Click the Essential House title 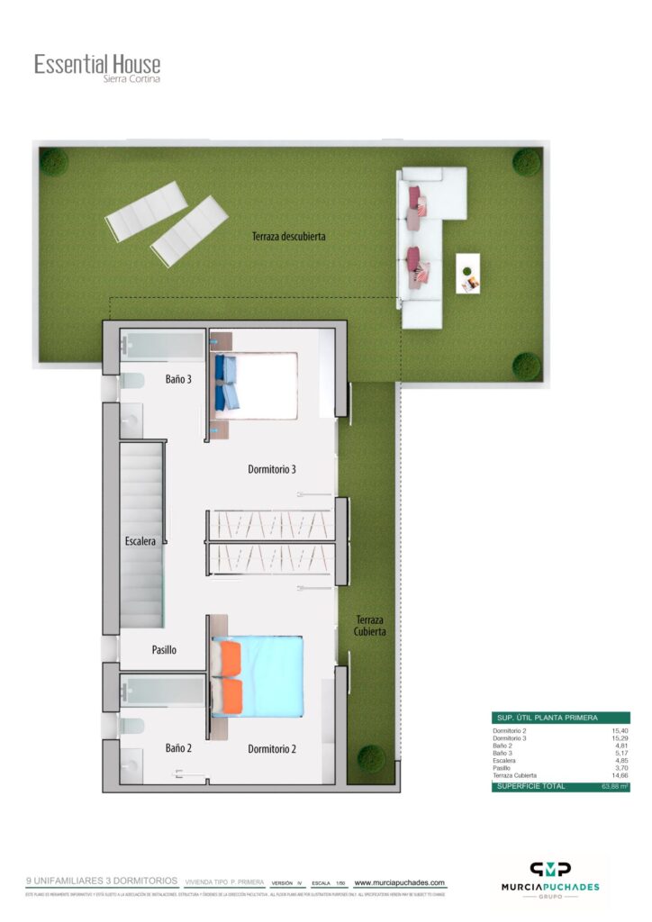tap(97, 64)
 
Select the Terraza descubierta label tap(289, 237)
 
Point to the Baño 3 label tap(177, 379)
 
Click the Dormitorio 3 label tap(272, 469)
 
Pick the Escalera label tap(140, 541)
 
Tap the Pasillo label tap(164, 649)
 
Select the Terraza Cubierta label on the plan tap(370, 625)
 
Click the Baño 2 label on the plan tap(178, 747)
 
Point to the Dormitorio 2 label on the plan tap(272, 748)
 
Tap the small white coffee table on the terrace tap(468, 273)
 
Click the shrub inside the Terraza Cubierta tap(370, 757)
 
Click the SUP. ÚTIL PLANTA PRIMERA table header tap(546, 718)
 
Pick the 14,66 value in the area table tap(618, 774)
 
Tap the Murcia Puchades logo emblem tap(549, 869)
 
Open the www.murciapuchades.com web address tap(400, 883)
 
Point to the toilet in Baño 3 tap(132, 381)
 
